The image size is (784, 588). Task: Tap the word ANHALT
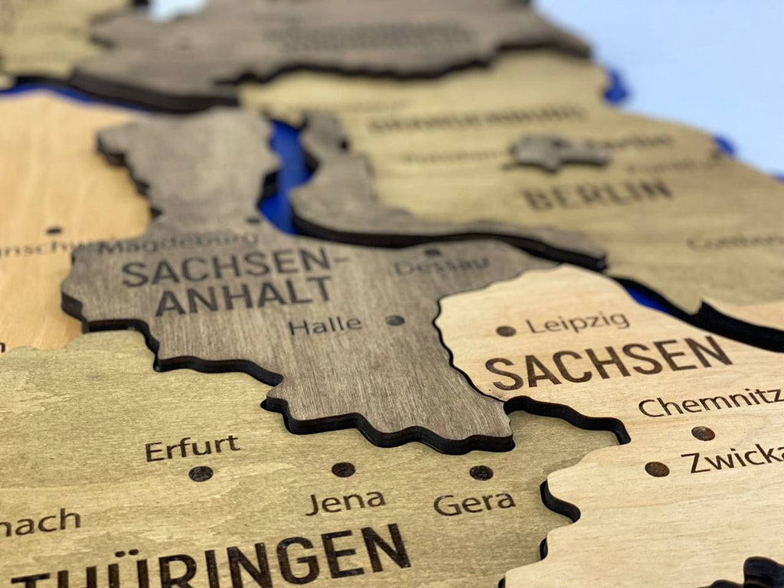point(244,294)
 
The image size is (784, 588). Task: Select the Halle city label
point(325,325)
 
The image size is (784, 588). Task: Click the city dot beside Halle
point(395,320)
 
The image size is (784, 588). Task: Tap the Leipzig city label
point(577,323)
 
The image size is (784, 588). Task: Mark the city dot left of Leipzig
point(505,331)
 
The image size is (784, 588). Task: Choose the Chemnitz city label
point(709,402)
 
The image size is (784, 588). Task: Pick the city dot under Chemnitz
point(703,433)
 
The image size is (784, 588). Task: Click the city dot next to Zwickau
point(656,469)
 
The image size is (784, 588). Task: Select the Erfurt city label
point(192,448)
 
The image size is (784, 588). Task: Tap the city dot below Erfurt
point(201,474)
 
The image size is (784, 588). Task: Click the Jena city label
point(345,502)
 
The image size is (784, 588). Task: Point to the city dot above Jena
point(343,469)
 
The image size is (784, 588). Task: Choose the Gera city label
point(474,504)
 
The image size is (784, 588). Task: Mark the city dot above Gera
point(481,472)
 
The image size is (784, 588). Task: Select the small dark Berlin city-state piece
point(559,152)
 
